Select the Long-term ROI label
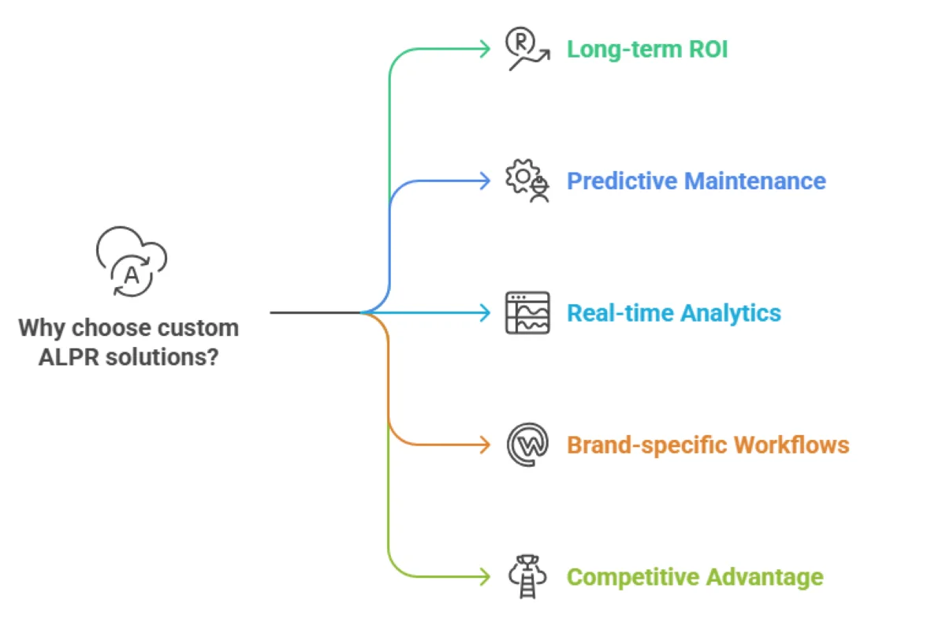pyautogui.click(x=647, y=50)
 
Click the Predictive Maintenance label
pyautogui.click(x=696, y=181)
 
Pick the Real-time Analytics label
pyautogui.click(x=674, y=313)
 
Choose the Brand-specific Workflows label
pyautogui.click(x=708, y=445)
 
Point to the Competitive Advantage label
pyautogui.click(x=695, y=577)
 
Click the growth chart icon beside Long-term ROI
pyautogui.click(x=526, y=50)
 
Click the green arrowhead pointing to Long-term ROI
pyautogui.click(x=484, y=50)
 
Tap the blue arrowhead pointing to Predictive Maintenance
pyautogui.click(x=484, y=181)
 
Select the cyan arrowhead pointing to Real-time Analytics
pyautogui.click(x=484, y=313)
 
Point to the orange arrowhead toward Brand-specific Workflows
pyautogui.click(x=484, y=445)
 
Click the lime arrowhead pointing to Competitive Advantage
pyautogui.click(x=484, y=577)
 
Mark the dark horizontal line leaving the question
pyautogui.click(x=315, y=313)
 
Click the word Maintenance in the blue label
pyautogui.click(x=754, y=181)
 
